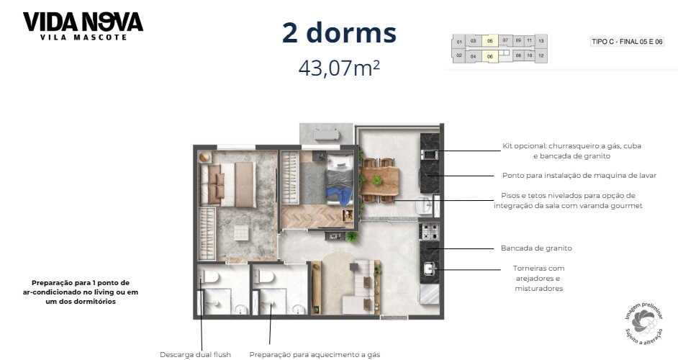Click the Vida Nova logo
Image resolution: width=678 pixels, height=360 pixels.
click(83, 25)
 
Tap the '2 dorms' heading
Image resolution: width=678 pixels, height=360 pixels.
click(339, 32)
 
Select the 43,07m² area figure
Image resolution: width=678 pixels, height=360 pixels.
click(339, 68)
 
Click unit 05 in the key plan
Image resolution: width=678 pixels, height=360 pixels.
click(489, 41)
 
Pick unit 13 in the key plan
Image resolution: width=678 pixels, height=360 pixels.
click(541, 41)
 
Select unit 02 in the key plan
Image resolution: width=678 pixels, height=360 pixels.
click(458, 55)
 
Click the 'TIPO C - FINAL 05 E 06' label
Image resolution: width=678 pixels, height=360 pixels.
click(626, 42)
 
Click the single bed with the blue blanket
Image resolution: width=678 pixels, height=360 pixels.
click(338, 184)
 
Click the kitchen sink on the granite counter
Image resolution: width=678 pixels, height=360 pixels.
click(430, 270)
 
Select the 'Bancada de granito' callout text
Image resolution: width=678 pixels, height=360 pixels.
click(536, 248)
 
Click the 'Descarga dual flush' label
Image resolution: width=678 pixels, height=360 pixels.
click(196, 354)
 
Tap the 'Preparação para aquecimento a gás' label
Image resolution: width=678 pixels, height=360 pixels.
click(315, 354)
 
